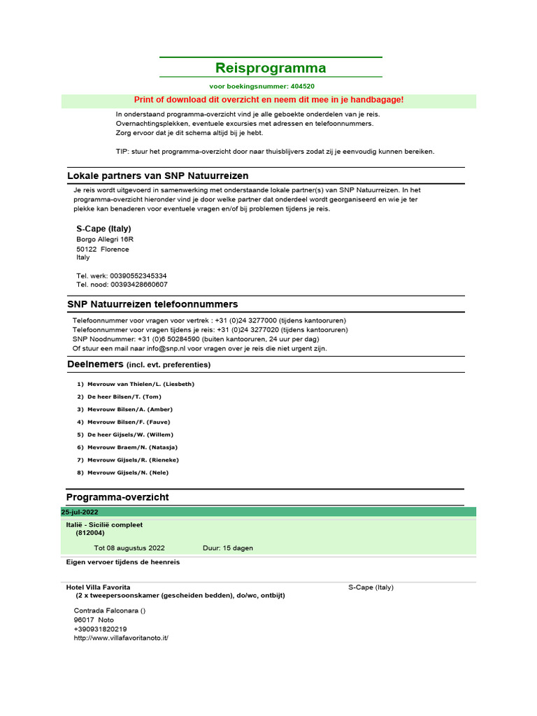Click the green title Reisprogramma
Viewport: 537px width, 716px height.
click(x=271, y=68)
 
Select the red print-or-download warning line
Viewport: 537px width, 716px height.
click(x=268, y=100)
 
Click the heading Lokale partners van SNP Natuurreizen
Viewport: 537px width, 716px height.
click(x=157, y=176)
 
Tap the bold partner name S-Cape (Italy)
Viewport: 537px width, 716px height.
click(x=103, y=229)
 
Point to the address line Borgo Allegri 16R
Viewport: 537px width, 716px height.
click(x=104, y=239)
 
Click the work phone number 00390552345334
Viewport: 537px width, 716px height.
click(x=138, y=276)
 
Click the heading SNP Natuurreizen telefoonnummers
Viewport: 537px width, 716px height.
click(x=152, y=304)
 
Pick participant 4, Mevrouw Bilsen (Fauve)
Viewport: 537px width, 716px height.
click(x=128, y=422)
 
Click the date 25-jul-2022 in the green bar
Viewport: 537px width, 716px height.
click(x=80, y=513)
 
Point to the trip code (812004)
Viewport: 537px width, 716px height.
click(x=90, y=533)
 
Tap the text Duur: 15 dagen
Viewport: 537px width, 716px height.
click(x=228, y=548)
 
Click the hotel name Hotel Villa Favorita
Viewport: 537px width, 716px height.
click(x=98, y=587)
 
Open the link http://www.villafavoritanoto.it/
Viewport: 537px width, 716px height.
click(x=121, y=638)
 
